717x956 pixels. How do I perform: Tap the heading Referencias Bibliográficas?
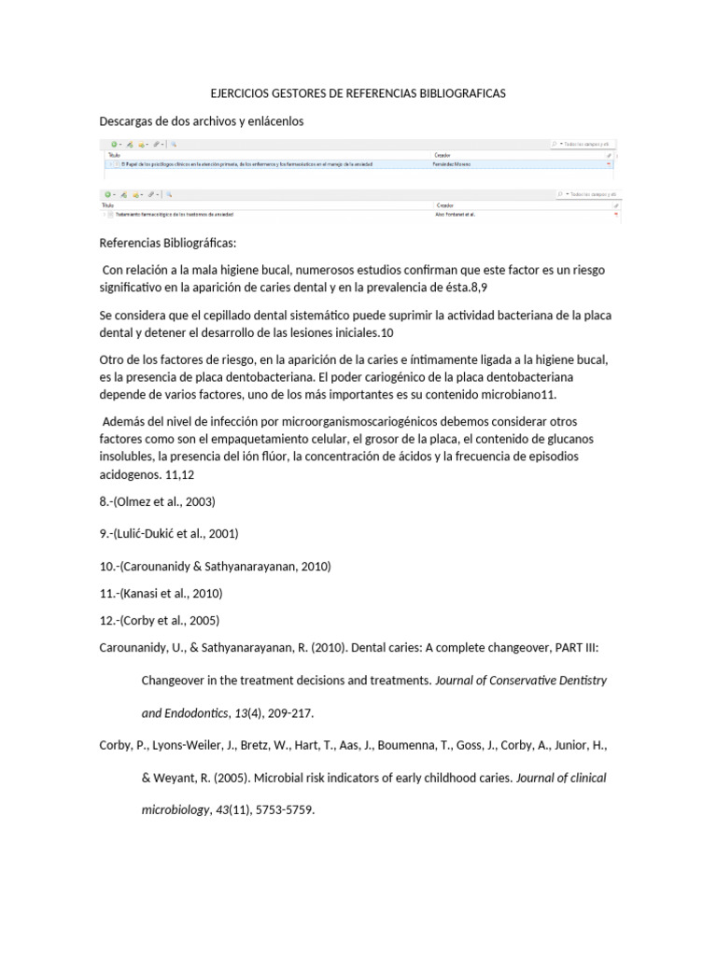[168, 243]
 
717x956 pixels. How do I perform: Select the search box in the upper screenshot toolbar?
[583, 145]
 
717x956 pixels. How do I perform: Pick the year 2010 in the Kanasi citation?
[207, 593]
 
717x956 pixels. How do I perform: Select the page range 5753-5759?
[288, 809]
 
